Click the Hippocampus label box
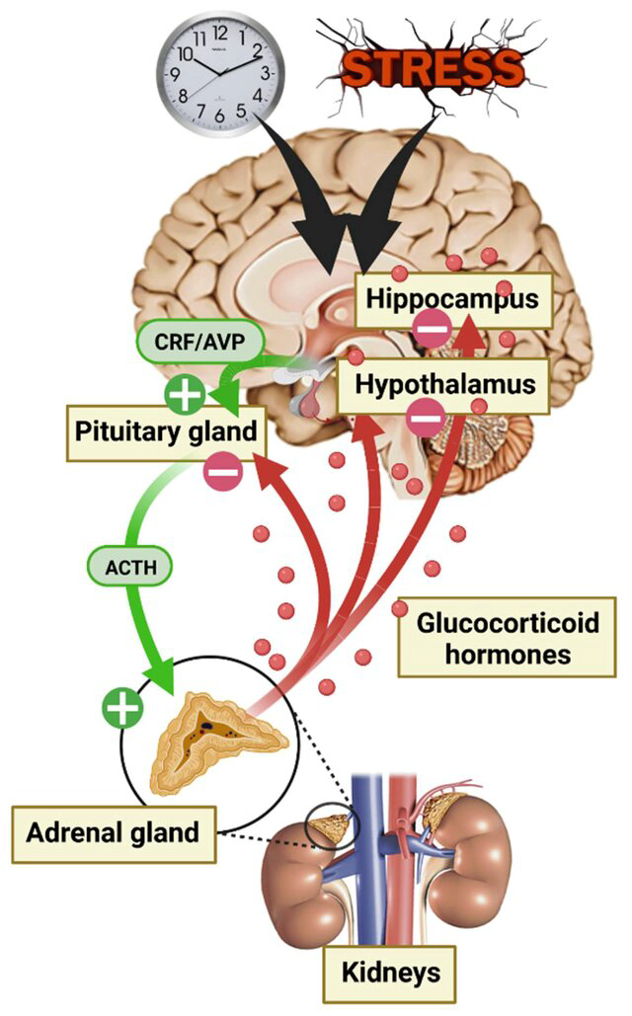[453, 299]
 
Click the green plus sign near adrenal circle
[122, 707]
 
